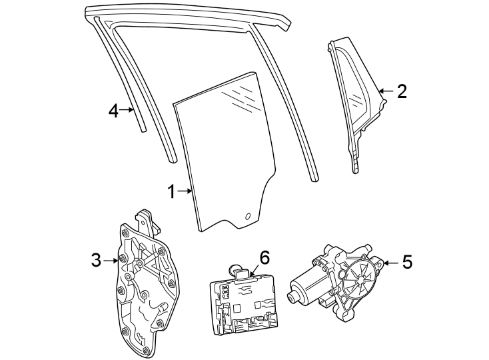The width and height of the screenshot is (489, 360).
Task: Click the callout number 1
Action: (x=172, y=191)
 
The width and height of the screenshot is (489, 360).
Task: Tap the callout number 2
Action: (x=402, y=91)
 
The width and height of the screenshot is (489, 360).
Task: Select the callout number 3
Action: (x=97, y=260)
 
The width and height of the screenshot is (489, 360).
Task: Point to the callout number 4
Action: (x=113, y=111)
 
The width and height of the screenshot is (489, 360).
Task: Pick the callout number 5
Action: (x=407, y=262)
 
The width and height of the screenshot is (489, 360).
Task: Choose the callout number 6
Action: (x=264, y=258)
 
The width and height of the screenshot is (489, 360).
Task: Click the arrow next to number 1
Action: (x=185, y=191)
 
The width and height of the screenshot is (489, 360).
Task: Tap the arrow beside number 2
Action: (x=386, y=91)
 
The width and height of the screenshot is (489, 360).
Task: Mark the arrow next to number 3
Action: (x=111, y=261)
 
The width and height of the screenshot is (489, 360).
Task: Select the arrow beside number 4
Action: (x=127, y=110)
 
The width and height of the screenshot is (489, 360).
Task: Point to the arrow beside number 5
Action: (x=390, y=263)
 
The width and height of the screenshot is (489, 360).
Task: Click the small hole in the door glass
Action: (x=248, y=217)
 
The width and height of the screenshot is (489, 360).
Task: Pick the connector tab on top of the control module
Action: (x=241, y=272)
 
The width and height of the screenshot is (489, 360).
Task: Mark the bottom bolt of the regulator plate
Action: (x=146, y=350)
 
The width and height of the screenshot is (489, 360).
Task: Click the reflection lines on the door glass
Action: (x=241, y=97)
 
